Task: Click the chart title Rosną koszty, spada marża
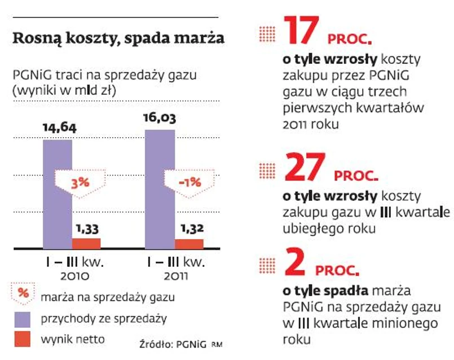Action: coord(118,39)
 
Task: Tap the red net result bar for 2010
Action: coord(86,243)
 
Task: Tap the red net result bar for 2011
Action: coord(189,244)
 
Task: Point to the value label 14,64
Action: coord(59,128)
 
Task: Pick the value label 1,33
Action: coord(86,229)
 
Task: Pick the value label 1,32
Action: coord(189,229)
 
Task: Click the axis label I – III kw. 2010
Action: coord(72,269)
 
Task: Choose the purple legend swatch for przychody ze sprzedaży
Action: coord(22,319)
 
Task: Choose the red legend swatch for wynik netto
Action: coord(22,339)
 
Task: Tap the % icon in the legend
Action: coord(23,294)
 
